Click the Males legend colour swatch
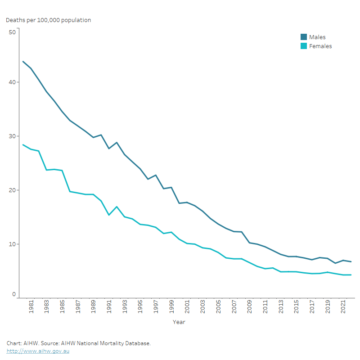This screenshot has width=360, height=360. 304,37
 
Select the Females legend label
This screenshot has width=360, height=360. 320,46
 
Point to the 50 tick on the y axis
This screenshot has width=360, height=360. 12,32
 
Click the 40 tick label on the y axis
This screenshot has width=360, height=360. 12,82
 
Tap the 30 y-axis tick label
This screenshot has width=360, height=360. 12,136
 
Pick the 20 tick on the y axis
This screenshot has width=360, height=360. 12,190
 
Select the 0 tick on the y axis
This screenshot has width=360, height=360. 14,294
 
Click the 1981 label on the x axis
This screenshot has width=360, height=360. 31,307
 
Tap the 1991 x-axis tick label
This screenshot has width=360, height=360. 109,307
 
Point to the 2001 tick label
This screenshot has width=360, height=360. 187,307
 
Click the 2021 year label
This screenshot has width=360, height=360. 343,307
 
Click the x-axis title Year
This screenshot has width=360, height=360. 179,322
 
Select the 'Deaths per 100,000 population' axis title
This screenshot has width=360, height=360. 48,20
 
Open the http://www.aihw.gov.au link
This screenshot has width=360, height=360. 38,351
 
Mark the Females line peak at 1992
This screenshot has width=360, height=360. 117,207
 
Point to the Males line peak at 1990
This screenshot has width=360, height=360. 101,135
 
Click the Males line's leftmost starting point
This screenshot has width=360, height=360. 23,61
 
